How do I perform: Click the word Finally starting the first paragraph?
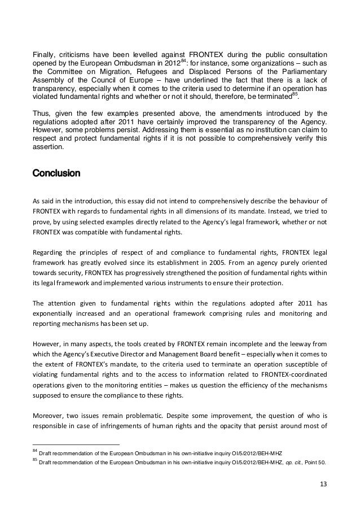point(43,54)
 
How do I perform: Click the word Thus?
point(41,112)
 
